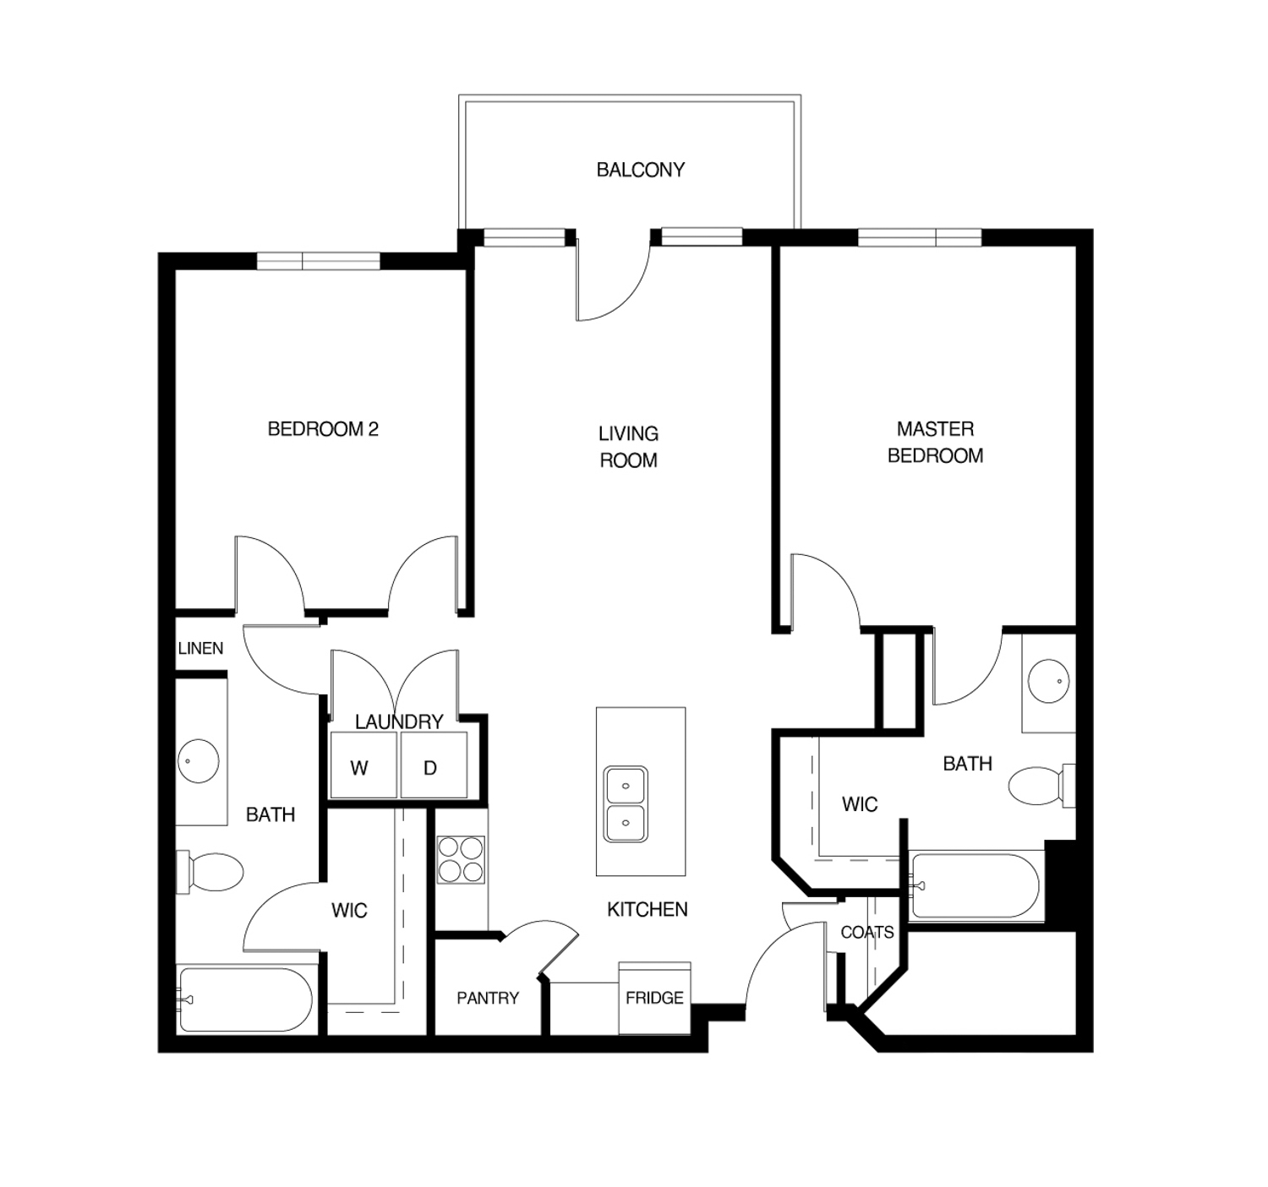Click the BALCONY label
point(641,170)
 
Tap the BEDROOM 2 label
point(323,429)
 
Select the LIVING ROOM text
point(628,447)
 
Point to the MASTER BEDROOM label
point(935,442)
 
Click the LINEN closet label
point(200,648)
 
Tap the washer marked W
point(363,764)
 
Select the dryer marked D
point(434,764)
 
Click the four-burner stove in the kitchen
point(461,859)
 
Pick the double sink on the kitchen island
point(626,804)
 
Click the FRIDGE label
point(654,998)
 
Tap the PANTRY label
point(488,998)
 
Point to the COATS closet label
point(867,933)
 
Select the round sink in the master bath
point(1048,681)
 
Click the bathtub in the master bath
point(976,885)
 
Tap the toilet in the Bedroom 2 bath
point(210,872)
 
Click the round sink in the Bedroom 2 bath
point(199,760)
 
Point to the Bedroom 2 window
point(318,261)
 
